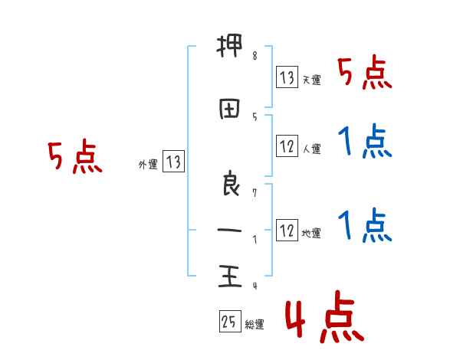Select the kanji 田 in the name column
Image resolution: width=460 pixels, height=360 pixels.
click(x=228, y=110)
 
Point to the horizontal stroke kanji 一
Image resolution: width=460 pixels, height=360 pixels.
click(x=228, y=231)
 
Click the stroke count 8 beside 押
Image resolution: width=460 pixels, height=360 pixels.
click(x=255, y=56)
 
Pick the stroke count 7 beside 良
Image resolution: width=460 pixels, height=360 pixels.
click(x=255, y=193)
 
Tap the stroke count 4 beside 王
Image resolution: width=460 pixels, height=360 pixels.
click(x=255, y=286)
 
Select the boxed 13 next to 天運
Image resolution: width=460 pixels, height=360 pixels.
click(x=287, y=77)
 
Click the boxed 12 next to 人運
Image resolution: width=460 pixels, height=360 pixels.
click(x=287, y=146)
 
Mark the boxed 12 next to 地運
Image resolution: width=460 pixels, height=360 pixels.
click(x=287, y=231)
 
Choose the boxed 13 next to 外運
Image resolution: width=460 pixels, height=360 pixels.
click(x=173, y=161)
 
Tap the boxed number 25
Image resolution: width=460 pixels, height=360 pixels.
click(x=228, y=322)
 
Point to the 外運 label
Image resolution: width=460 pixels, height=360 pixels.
click(x=148, y=164)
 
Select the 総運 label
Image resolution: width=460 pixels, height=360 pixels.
click(x=255, y=325)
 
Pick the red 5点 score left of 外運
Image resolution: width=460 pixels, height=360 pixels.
click(x=74, y=157)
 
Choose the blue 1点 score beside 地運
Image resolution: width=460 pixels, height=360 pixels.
click(x=364, y=226)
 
